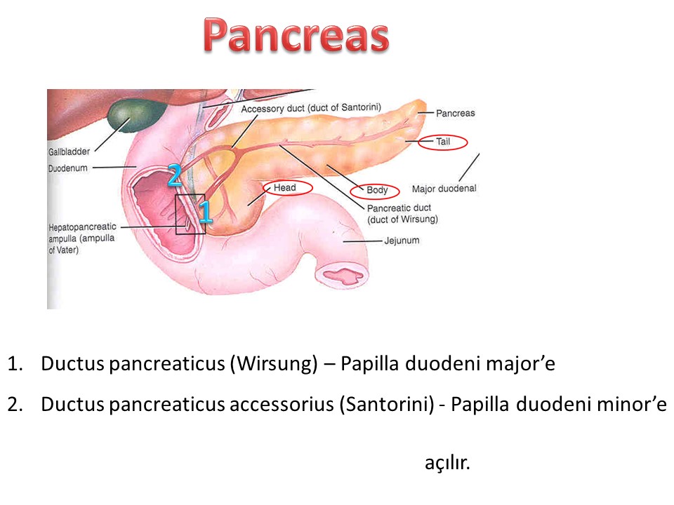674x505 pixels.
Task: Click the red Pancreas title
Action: tap(296, 36)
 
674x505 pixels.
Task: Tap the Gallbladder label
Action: tap(70, 151)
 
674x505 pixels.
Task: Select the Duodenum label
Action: tap(68, 168)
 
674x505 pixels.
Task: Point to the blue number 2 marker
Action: tap(175, 175)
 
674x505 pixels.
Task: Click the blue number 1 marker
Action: tap(205, 212)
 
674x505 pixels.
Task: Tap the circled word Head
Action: tap(284, 188)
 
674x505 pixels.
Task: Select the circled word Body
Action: tap(377, 190)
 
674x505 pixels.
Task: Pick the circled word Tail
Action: tap(443, 142)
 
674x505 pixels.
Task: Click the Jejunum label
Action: tap(402, 241)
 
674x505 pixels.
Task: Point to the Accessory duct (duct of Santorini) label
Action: tap(311, 108)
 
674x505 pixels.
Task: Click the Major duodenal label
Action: tap(444, 189)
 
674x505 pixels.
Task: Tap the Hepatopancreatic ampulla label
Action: tap(82, 238)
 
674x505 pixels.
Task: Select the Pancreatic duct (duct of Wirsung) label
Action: tap(402, 213)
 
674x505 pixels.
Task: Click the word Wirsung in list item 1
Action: tap(273, 364)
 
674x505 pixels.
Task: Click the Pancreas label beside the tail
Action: tap(456, 114)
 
